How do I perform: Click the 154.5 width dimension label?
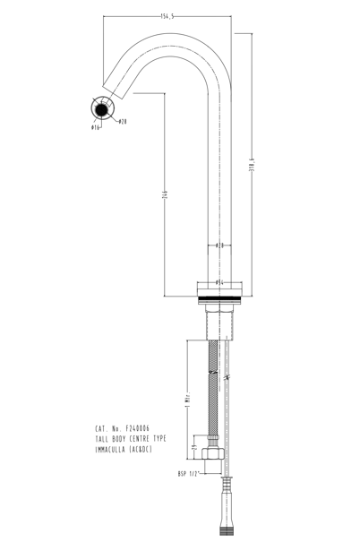click(x=167, y=16)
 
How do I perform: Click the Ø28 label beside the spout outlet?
click(x=122, y=122)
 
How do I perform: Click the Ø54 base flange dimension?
click(x=219, y=280)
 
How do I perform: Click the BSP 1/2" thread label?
click(x=189, y=473)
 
